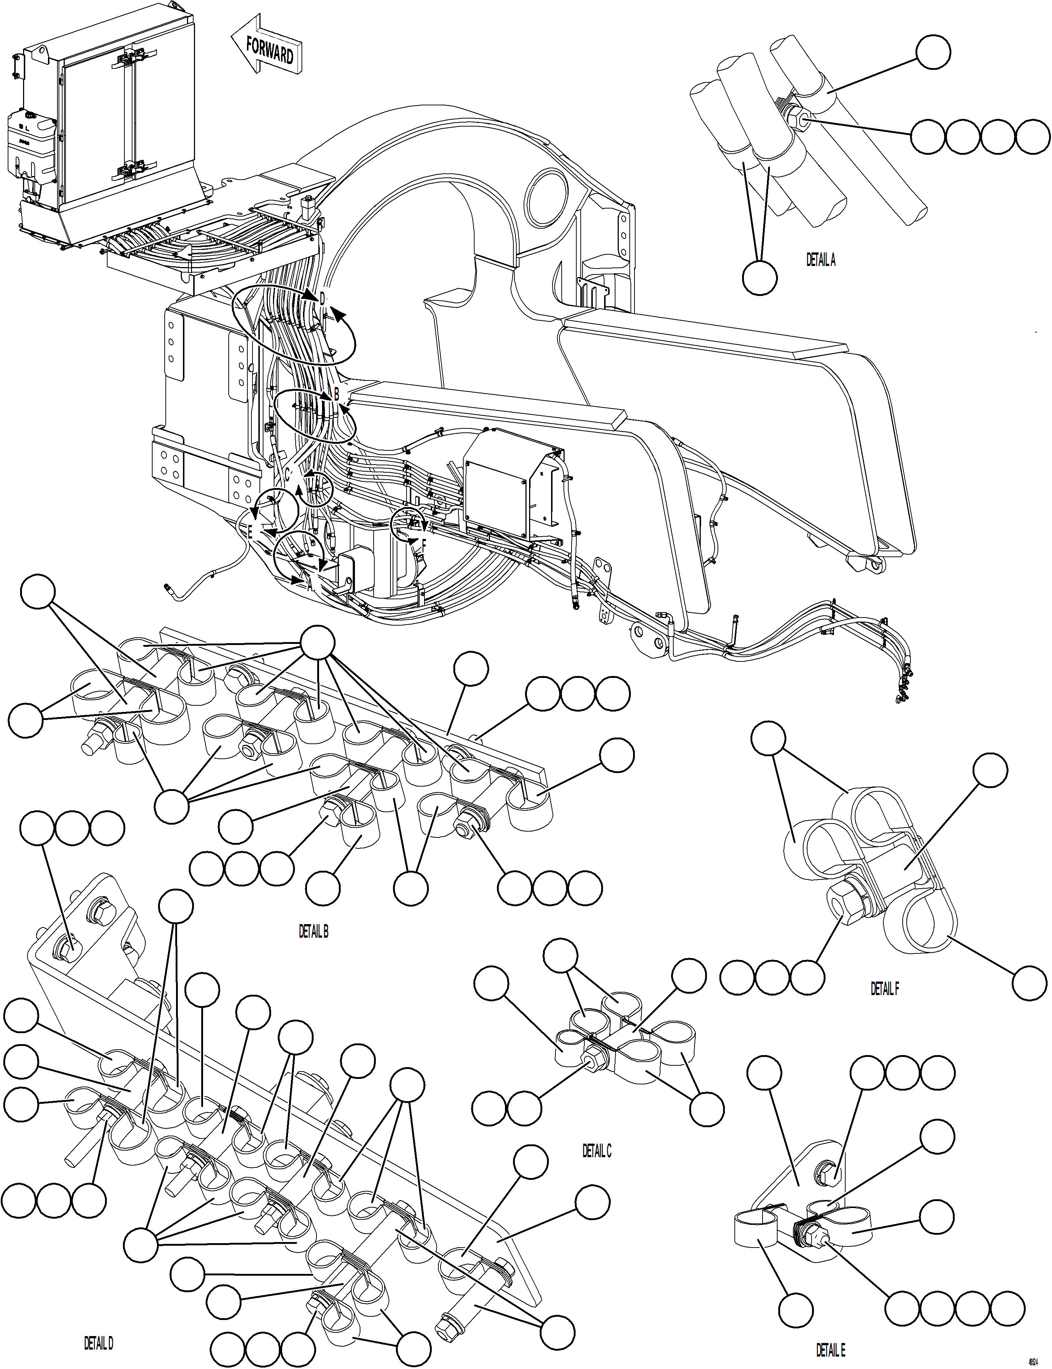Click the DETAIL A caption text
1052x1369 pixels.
click(x=820, y=261)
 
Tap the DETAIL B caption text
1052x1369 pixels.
click(x=313, y=931)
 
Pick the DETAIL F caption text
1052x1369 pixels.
click(x=884, y=989)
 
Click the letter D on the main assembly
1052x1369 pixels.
click(x=322, y=299)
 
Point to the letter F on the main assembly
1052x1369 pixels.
click(x=424, y=545)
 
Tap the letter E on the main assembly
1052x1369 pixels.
click(x=250, y=533)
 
